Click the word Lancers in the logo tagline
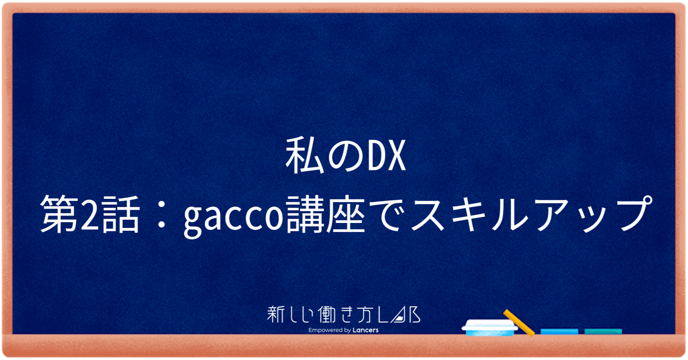click(x=365, y=330)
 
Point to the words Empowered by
click(x=330, y=330)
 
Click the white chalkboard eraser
click(x=491, y=327)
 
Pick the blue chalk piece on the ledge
click(x=559, y=332)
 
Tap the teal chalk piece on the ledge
click(x=603, y=332)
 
